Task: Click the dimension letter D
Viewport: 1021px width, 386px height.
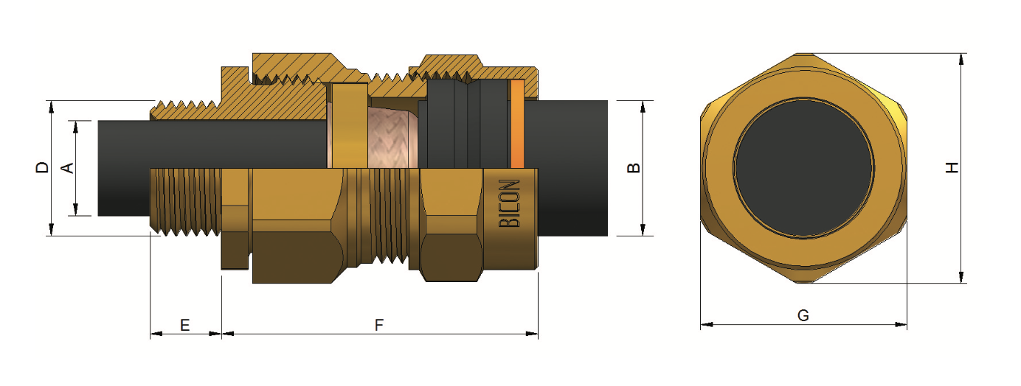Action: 42,167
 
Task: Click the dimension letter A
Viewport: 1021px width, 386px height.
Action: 67,168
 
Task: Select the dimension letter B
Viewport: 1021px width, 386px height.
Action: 634,168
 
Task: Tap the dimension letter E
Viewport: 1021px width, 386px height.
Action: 185,325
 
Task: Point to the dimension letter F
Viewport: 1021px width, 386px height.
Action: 378,325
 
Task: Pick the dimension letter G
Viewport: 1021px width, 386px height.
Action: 803,315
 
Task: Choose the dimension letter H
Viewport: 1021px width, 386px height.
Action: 952,167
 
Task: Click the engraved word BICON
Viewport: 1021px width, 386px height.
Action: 510,203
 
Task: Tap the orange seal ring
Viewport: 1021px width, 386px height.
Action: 517,124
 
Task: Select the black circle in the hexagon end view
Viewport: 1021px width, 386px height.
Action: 803,168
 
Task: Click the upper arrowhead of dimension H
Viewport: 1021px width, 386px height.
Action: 962,60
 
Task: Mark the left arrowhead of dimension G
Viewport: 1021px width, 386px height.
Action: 707,325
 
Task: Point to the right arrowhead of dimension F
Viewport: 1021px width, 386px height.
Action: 532,334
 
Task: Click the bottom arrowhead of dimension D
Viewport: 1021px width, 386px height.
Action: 52,230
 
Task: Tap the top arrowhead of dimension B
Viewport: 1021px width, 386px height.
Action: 643,107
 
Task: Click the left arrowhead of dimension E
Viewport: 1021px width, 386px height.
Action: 156,334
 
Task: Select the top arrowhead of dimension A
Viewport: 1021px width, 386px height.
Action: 76,127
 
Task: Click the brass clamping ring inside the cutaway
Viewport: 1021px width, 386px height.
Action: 350,126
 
